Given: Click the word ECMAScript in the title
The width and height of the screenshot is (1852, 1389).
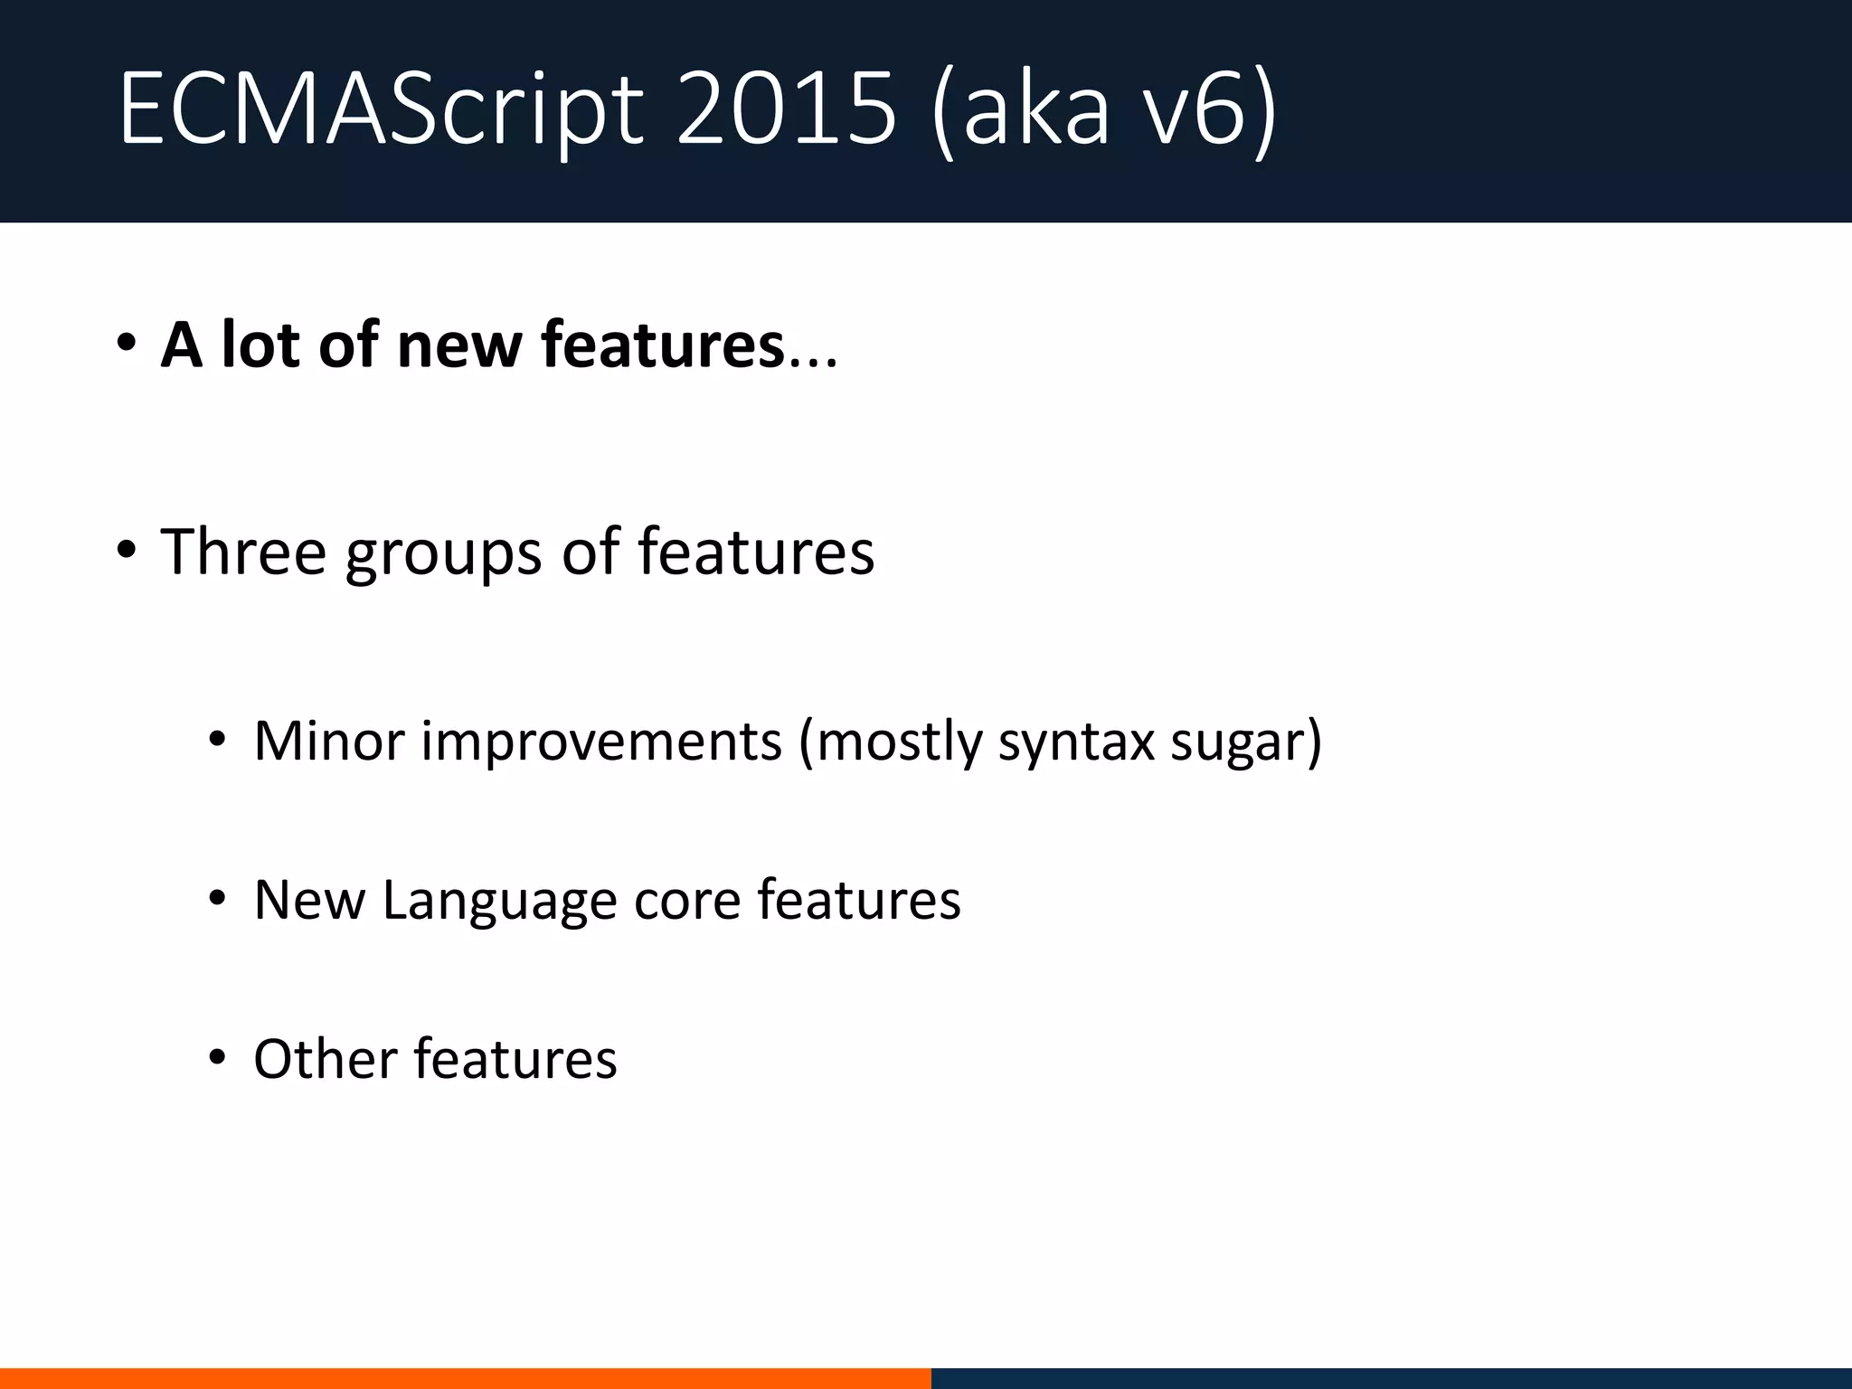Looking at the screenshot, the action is click(x=380, y=110).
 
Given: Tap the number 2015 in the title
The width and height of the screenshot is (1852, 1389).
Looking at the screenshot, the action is click(x=785, y=110).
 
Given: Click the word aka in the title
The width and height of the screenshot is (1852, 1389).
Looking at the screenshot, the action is click(x=1035, y=110).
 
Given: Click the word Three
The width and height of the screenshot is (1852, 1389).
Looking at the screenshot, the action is click(x=243, y=552).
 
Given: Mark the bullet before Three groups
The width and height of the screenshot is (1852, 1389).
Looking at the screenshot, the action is click(x=126, y=550).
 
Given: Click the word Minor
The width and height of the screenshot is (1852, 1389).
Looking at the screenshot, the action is click(x=329, y=742).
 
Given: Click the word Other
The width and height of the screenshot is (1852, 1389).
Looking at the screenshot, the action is click(x=326, y=1059).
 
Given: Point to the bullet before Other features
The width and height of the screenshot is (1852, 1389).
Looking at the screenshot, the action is click(x=216, y=1057).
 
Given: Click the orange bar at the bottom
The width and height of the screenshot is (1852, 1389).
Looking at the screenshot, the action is click(x=465, y=1378).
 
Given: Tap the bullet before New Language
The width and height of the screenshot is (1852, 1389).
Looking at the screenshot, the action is click(x=216, y=899).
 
